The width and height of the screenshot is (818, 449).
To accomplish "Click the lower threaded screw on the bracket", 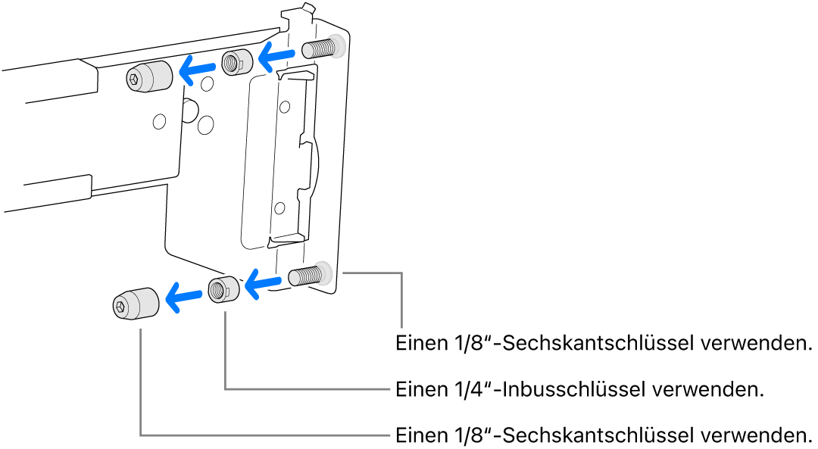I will click(x=307, y=276).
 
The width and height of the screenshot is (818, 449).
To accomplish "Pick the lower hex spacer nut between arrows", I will click(x=223, y=289).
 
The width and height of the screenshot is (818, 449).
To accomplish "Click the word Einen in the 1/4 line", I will click(x=419, y=391).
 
